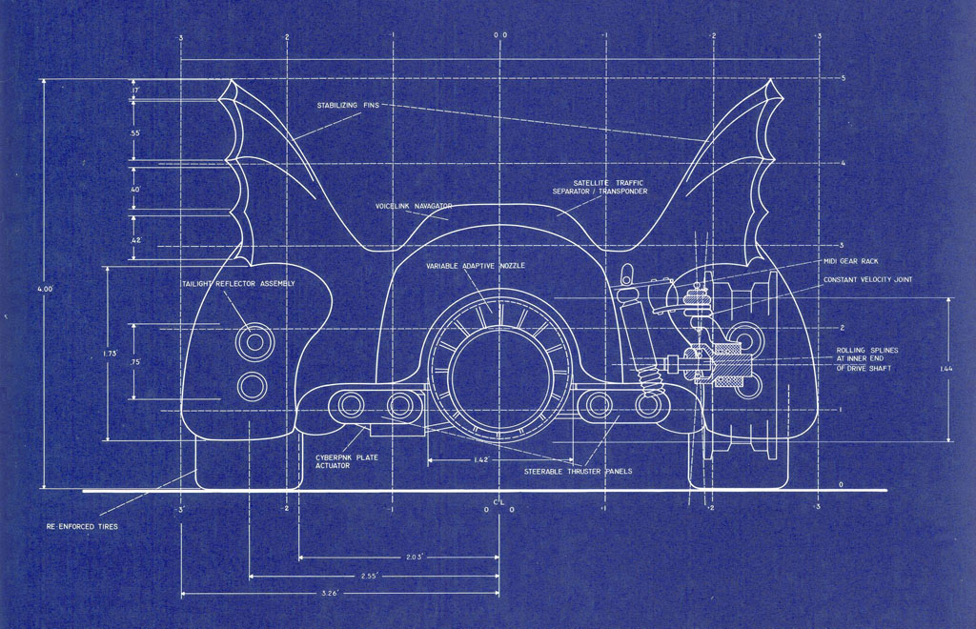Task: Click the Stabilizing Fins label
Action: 348,105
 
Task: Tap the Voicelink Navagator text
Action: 414,206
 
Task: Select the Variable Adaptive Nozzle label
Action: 476,266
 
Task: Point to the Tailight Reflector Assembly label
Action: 238,284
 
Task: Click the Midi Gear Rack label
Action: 851,261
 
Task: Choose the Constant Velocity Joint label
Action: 867,280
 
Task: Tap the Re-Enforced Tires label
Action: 82,526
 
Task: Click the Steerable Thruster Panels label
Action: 578,472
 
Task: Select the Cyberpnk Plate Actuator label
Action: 346,461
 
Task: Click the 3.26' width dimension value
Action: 329,594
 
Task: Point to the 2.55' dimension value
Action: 369,577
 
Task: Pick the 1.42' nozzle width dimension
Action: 481,460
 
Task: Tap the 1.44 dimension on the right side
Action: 946,369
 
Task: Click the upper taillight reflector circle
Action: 254,341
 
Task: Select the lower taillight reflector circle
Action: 252,386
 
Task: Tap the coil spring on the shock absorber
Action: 649,379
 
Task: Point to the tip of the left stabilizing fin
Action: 231,80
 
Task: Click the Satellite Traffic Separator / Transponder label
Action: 600,187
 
